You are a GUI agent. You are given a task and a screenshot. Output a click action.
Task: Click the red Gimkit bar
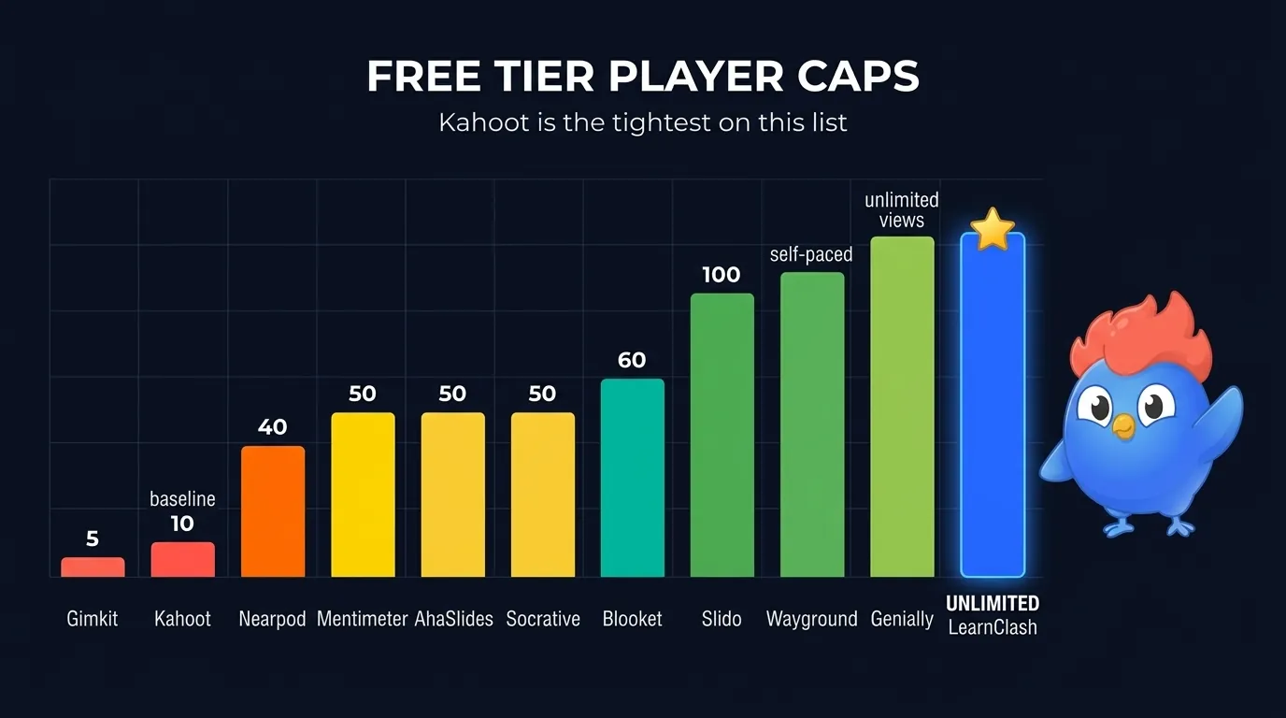pyautogui.click(x=93, y=567)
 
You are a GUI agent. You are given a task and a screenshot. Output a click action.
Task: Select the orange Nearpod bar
pyautogui.click(x=273, y=511)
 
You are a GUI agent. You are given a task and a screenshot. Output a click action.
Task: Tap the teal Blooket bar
pyautogui.click(x=632, y=478)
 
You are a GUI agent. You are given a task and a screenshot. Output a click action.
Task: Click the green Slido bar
pyautogui.click(x=722, y=436)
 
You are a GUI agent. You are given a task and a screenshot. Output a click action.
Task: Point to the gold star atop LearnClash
pyautogui.click(x=992, y=230)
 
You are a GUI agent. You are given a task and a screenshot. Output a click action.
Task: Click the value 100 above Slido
pyautogui.click(x=721, y=275)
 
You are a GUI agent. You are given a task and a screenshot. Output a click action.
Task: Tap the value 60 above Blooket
pyautogui.click(x=632, y=360)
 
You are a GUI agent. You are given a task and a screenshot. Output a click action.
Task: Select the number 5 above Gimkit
pyautogui.click(x=93, y=538)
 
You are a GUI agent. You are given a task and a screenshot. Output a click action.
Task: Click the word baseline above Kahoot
pyautogui.click(x=182, y=499)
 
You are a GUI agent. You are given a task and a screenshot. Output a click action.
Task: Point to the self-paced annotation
pyautogui.click(x=811, y=254)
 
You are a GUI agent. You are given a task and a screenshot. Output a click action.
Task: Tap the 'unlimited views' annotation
pyautogui.click(x=902, y=210)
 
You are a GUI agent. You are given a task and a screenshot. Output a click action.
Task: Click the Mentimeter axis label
pyautogui.click(x=362, y=619)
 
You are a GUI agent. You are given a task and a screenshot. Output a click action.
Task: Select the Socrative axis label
pyautogui.click(x=543, y=619)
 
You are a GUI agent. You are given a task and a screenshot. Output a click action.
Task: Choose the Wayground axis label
pyautogui.click(x=811, y=619)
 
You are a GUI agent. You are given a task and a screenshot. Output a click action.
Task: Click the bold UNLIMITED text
pyautogui.click(x=993, y=603)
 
